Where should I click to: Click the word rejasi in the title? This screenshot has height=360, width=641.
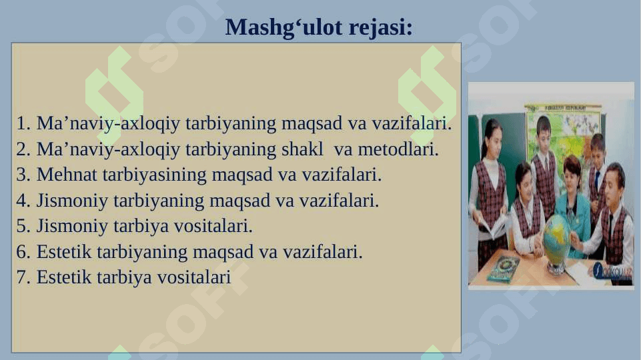381,28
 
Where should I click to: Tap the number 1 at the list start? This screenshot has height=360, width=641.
23,123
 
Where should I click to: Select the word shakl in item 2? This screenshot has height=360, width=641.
302,149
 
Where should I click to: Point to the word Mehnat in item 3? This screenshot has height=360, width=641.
67,175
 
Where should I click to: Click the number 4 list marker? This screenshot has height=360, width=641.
23,200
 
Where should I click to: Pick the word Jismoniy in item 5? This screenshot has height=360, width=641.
72,226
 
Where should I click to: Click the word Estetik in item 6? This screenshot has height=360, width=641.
64,252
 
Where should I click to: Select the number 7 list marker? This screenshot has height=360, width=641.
23,277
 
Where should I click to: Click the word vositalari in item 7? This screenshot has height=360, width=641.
194,277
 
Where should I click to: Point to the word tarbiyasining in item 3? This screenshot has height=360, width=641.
155,175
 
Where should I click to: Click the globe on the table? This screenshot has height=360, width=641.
557,241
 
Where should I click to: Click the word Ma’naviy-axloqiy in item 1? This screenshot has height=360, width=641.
108,123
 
